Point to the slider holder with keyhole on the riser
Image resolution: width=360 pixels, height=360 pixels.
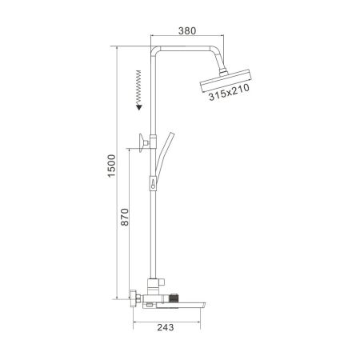coord(151,185)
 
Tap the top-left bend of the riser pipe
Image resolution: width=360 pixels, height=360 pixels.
coord(153,50)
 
